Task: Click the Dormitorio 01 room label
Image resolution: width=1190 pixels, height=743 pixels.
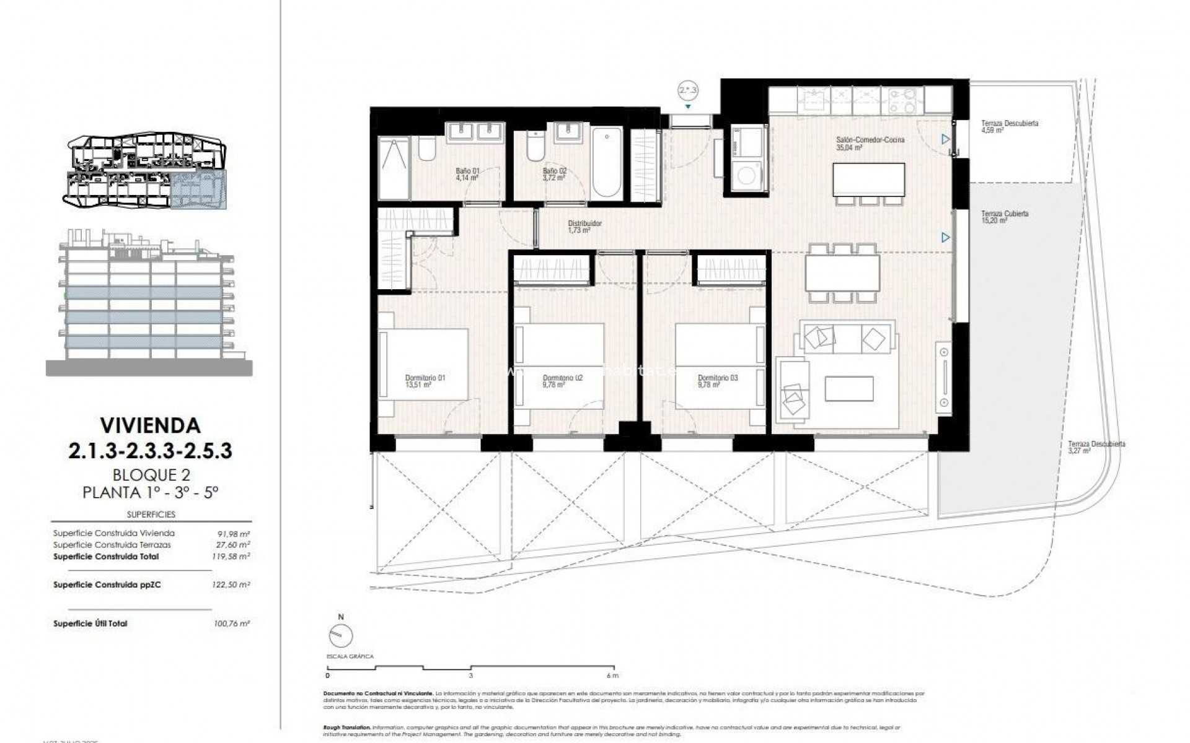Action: click(425, 381)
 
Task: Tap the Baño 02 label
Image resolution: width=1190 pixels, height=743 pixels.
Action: click(555, 174)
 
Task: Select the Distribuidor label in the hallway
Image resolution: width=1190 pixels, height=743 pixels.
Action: click(584, 227)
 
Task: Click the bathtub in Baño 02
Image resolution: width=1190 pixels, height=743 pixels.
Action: click(607, 162)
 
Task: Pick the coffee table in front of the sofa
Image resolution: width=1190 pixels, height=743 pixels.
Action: click(848, 389)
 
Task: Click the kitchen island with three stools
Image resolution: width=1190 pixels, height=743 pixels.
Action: click(868, 180)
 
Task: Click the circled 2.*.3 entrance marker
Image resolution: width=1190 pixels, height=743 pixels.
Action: click(688, 91)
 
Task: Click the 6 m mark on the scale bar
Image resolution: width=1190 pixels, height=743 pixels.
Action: click(611, 676)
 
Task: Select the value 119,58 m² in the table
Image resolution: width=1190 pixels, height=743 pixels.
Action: click(231, 557)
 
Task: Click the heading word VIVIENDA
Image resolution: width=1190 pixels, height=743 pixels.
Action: click(151, 425)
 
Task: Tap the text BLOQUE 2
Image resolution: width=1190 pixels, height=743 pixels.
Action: click(151, 475)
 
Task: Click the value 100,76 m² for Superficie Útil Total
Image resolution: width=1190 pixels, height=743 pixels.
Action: click(231, 624)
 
